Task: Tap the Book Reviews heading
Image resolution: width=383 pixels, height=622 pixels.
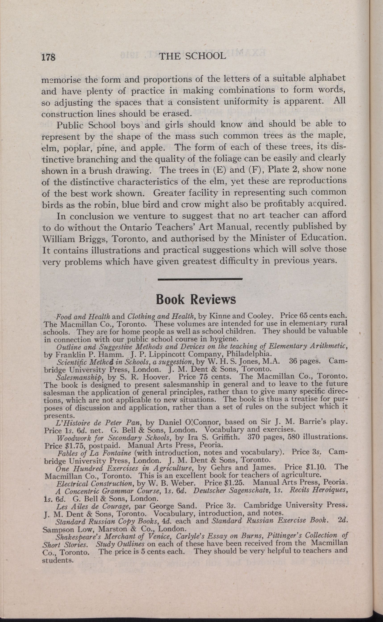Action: click(x=196, y=299)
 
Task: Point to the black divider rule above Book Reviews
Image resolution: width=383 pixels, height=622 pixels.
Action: click(x=200, y=279)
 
